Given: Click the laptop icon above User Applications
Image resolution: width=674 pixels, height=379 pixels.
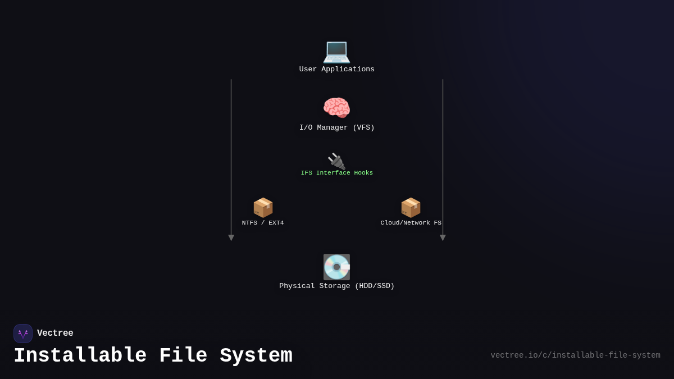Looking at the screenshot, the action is (336, 51).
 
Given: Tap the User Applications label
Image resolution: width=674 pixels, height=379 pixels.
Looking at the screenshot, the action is (336, 70).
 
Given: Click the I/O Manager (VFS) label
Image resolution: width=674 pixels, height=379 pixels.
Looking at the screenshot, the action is (336, 128).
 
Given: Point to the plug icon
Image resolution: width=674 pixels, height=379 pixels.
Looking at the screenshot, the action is (336, 161).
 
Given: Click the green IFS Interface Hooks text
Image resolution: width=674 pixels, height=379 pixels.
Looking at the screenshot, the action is (336, 173).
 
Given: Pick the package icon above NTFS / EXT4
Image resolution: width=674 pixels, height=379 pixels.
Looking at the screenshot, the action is (263, 207).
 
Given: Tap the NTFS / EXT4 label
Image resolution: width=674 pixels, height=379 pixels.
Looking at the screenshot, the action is (263, 223).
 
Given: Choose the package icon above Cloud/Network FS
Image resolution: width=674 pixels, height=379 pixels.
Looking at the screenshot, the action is (411, 207).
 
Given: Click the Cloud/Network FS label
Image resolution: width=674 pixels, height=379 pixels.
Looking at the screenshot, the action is (411, 223).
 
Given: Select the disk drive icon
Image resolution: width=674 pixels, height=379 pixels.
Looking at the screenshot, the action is (336, 267).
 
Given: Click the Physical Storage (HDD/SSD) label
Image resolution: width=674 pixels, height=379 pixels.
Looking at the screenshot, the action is (336, 286).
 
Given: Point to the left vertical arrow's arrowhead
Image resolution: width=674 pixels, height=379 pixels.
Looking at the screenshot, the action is (231, 238).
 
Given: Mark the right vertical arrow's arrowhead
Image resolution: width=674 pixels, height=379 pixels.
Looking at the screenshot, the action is (443, 238).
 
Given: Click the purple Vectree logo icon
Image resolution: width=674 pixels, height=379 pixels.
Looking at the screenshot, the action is (23, 334).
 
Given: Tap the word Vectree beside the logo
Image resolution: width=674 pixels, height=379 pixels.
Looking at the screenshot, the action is (55, 334).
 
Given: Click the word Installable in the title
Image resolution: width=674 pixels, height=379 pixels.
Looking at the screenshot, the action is (80, 356).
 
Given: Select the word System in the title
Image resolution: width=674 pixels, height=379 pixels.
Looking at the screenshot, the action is (256, 356).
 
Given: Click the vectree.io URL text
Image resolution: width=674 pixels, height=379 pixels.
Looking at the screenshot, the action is (575, 355).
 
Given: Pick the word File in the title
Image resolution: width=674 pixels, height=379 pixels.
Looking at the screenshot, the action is (183, 356).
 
